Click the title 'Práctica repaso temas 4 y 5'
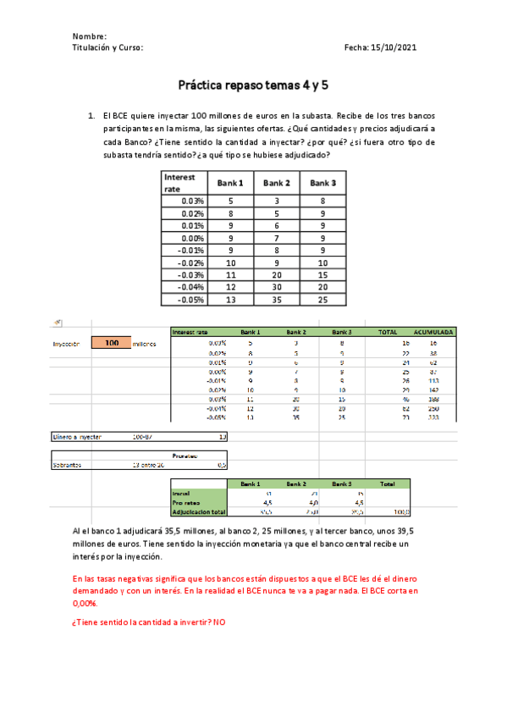point(252,85)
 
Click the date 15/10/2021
point(396,48)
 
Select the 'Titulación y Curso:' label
point(108,48)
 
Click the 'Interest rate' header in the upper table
point(180,182)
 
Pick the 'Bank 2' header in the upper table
point(277,183)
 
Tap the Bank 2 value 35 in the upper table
point(277,299)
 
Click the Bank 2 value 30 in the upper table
point(277,287)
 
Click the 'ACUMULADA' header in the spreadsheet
point(434,332)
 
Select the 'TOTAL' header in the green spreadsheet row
point(388,332)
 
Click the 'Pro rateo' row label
point(185,502)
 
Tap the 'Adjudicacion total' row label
point(198,512)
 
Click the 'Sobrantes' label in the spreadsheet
point(67,464)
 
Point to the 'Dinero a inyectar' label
point(77,437)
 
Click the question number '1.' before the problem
point(91,115)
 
